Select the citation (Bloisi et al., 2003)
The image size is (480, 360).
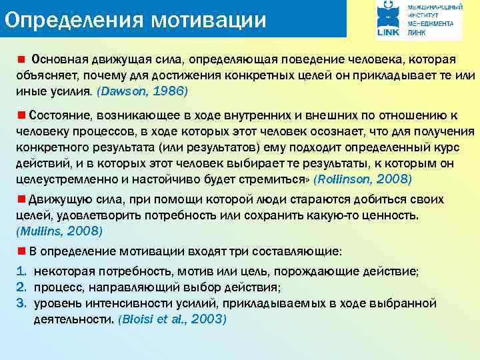[172, 319]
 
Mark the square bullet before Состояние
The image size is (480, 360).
[21, 113]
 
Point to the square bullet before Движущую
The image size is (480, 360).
[21, 199]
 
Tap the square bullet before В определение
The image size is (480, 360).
[21, 251]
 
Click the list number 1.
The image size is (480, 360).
[20, 272]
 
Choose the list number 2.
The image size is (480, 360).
[20, 287]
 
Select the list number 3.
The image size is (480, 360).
[20, 303]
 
